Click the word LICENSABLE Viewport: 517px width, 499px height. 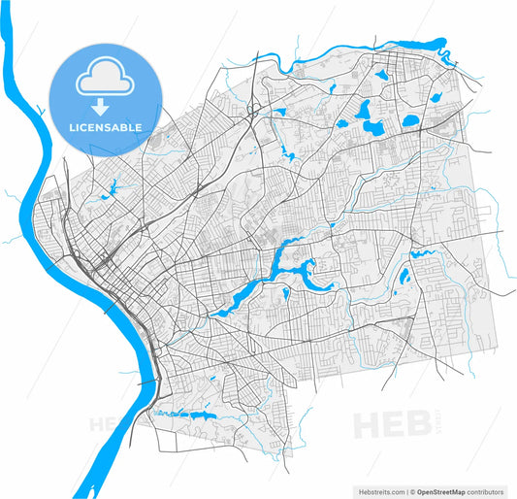[x=104, y=127]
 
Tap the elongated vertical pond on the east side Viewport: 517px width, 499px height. [x=403, y=276]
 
